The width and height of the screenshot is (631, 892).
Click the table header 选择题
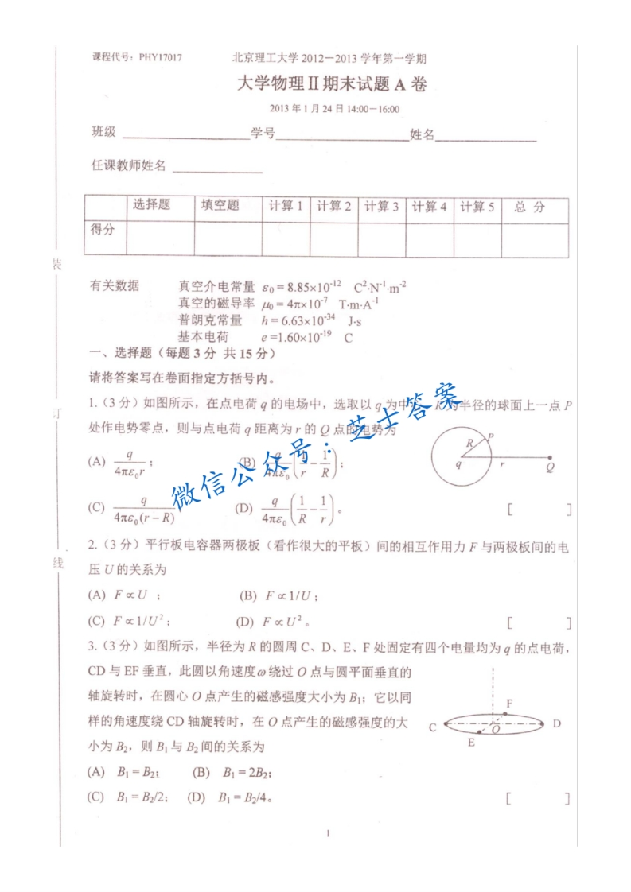pos(151,205)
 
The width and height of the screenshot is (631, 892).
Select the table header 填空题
pos(220,205)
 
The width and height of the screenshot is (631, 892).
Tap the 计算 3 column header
pos(381,207)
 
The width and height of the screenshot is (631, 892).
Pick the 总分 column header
pos(529,207)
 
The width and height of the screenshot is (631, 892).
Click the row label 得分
pos(103,230)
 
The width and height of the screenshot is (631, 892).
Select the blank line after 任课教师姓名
pos(217,171)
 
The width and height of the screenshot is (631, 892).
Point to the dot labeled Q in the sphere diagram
pos(551,458)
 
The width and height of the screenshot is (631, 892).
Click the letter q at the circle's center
pos(459,464)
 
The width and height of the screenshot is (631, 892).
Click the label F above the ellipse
pos(509,704)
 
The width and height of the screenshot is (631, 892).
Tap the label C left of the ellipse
pos(432,727)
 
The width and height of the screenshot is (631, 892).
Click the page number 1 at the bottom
pos(328,833)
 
